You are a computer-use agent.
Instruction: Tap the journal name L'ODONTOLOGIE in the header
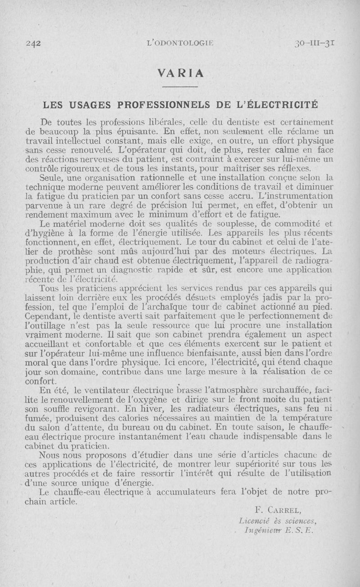coord(180,44)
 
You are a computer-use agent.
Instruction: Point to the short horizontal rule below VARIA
coord(180,86)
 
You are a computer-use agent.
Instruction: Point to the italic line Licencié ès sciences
coord(279,520)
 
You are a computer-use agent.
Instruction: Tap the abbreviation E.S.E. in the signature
coord(302,530)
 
